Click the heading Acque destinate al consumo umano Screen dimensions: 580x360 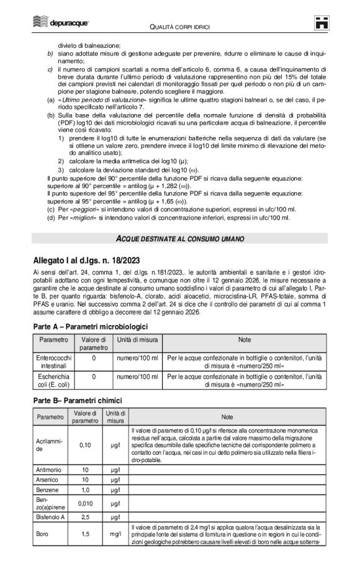click(x=180, y=239)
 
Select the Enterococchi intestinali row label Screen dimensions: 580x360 click(x=53, y=362)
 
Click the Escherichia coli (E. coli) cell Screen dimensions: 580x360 click(x=53, y=380)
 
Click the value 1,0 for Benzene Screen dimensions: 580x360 click(x=86, y=489)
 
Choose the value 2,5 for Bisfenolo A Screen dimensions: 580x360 click(x=86, y=516)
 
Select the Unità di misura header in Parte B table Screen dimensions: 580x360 click(x=115, y=417)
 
